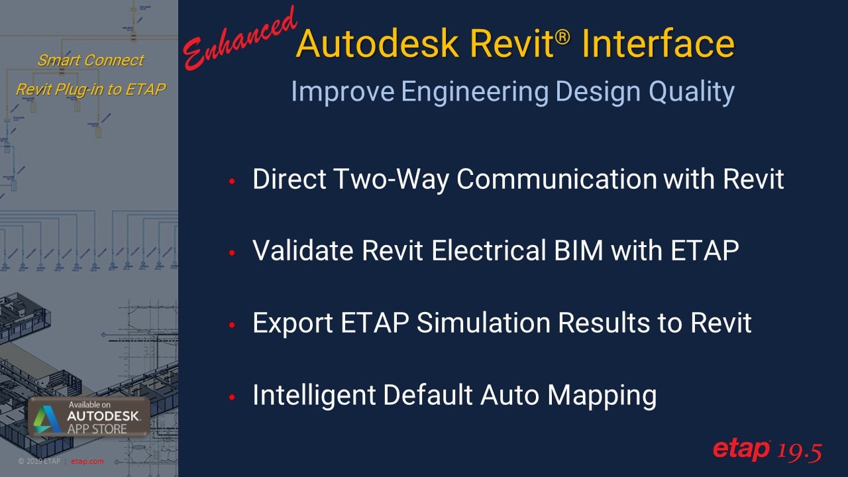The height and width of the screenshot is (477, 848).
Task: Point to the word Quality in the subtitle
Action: tap(692, 92)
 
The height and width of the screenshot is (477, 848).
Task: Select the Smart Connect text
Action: tap(91, 60)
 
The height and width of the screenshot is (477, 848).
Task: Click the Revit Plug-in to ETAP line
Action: tap(91, 89)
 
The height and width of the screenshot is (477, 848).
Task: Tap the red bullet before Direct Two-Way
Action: tap(232, 182)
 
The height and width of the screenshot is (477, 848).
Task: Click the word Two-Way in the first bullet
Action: tap(392, 179)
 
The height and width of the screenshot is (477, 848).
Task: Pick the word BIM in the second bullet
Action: tap(578, 250)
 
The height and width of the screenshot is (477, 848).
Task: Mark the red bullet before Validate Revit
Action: tap(232, 253)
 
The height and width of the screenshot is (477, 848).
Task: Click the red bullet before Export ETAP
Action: tap(232, 325)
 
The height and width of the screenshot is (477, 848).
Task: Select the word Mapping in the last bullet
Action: tap(602, 396)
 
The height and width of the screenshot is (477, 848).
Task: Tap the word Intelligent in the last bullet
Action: tap(314, 396)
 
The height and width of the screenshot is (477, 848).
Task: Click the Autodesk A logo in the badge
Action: tap(47, 419)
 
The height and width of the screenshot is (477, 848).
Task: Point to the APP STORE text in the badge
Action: tap(97, 429)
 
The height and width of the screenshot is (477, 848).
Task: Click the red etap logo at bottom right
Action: tap(741, 450)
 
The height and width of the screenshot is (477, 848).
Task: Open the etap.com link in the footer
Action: tap(87, 461)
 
